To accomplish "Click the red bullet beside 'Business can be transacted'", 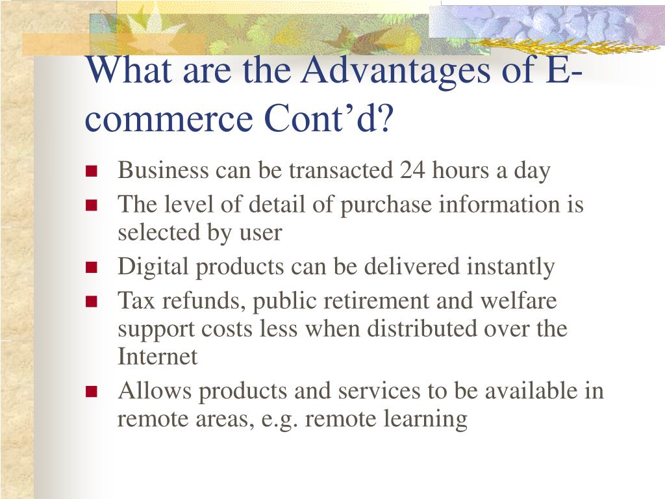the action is (x=91, y=171).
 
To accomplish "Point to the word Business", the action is (x=163, y=170).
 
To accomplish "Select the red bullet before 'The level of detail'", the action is (x=91, y=205).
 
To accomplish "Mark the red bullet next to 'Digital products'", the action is (x=91, y=268).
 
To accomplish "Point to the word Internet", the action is (x=157, y=357).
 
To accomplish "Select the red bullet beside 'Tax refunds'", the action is (x=91, y=301).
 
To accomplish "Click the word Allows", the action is (x=155, y=390).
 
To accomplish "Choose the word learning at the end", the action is (x=425, y=419).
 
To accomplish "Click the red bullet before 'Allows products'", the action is (x=91, y=391).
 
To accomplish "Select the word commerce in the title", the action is (x=169, y=119).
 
